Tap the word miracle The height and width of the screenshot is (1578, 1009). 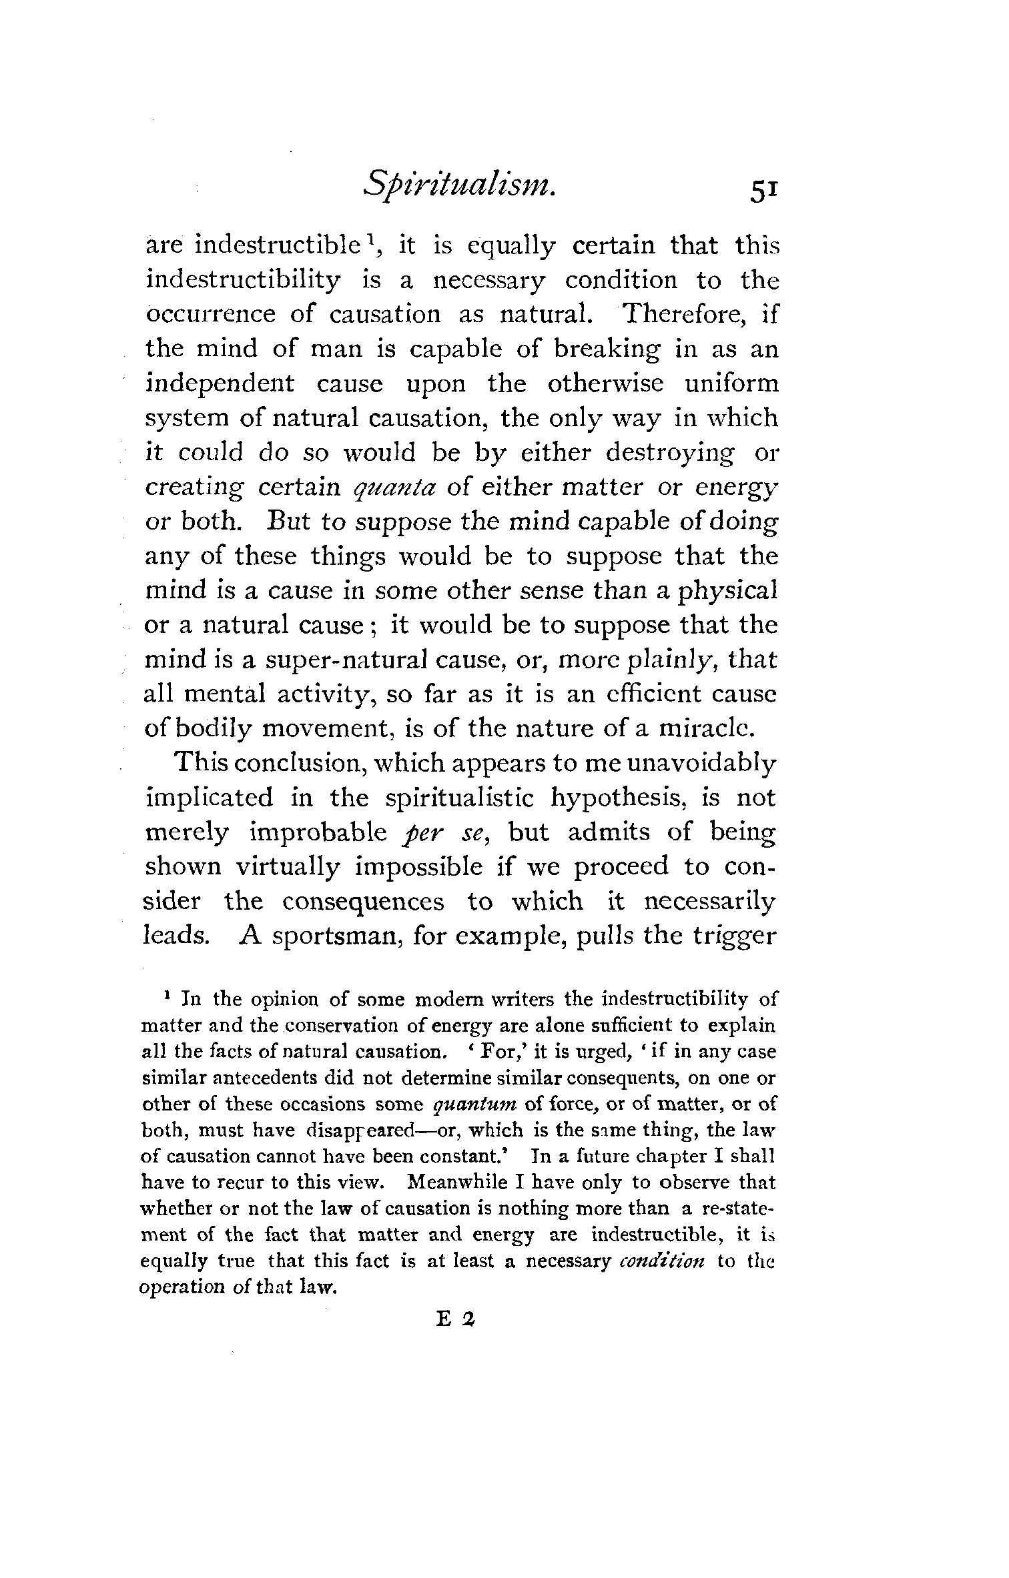click(x=707, y=729)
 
